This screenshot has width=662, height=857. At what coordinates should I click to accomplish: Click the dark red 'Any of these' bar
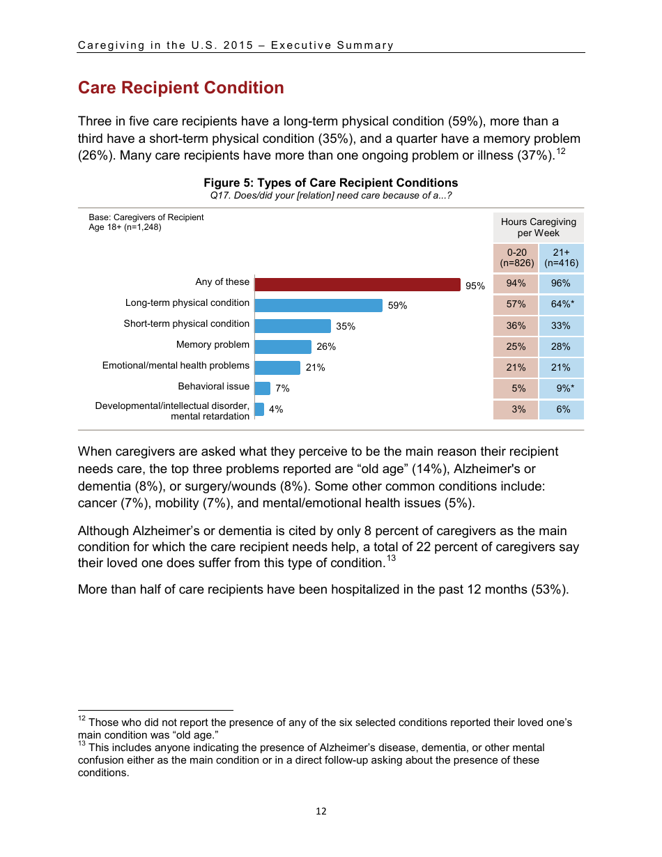click(357, 284)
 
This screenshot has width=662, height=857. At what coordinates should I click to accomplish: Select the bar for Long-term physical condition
click(318, 305)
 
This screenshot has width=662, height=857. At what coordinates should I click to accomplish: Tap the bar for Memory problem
click(283, 347)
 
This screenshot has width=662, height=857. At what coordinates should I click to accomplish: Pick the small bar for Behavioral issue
click(263, 389)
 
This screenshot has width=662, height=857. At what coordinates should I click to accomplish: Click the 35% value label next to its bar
click(346, 326)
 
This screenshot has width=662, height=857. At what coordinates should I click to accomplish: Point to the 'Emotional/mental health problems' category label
click(176, 365)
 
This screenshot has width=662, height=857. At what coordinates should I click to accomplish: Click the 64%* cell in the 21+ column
click(562, 304)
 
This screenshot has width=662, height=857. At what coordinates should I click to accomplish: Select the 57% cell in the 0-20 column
click(516, 304)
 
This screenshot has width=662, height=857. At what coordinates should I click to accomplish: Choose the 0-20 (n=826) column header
click(516, 258)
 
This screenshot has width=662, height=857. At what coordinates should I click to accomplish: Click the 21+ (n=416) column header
click(562, 258)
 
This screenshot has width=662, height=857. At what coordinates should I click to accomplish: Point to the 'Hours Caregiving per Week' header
click(539, 227)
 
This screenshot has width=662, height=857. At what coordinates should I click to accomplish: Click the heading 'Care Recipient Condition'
click(181, 88)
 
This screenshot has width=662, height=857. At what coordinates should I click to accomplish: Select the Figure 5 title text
click(331, 183)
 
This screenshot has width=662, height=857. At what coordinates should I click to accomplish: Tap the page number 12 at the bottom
click(321, 811)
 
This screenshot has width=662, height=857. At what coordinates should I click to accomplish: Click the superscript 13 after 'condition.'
click(391, 558)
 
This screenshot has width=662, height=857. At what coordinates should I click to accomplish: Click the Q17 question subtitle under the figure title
click(331, 195)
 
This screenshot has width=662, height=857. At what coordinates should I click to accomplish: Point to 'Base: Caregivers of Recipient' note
click(146, 217)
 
